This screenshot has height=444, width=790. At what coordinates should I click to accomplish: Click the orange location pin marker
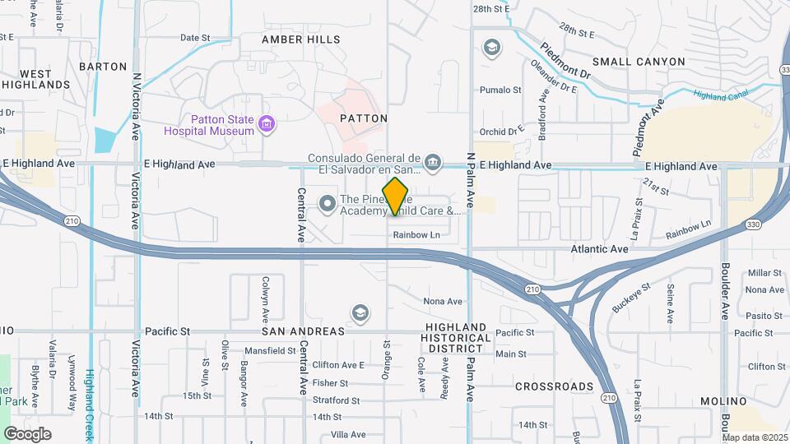(x=396, y=197)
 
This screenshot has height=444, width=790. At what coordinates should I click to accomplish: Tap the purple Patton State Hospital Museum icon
(x=266, y=124)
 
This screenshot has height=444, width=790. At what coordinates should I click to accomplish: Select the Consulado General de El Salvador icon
(x=434, y=160)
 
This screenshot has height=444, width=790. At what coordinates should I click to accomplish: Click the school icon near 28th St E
(x=492, y=47)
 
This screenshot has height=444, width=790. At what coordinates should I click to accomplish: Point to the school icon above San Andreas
(x=360, y=312)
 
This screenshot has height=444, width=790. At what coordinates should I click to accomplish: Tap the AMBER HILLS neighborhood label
(x=300, y=39)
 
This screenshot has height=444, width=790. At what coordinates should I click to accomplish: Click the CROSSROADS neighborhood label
(x=554, y=386)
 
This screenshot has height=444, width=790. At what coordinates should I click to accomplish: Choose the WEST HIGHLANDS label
(x=35, y=79)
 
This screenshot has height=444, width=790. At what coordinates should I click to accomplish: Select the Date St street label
(x=195, y=38)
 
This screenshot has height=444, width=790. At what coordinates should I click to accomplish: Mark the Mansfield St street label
(x=269, y=350)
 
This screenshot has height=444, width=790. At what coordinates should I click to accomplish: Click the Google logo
(x=27, y=434)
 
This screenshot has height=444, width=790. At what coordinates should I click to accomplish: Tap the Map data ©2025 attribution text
(x=755, y=437)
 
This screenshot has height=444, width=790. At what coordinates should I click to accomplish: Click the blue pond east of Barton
(x=105, y=139)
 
